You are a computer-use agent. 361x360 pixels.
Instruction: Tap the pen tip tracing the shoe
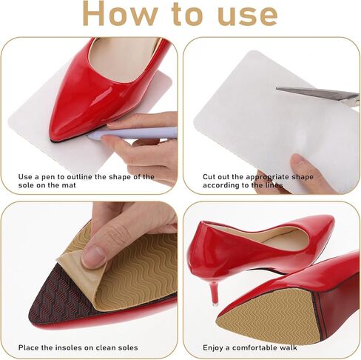[x=90, y=136]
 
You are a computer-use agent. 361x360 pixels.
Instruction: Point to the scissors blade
[x=317, y=93]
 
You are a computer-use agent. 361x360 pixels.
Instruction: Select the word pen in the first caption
[x=49, y=177]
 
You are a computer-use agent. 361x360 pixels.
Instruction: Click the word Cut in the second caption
[x=209, y=177]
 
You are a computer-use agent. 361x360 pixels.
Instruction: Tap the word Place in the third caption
[x=28, y=347]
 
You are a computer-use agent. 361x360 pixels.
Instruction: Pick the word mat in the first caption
[x=69, y=185]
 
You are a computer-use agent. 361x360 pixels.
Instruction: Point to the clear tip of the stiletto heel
[x=215, y=303]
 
